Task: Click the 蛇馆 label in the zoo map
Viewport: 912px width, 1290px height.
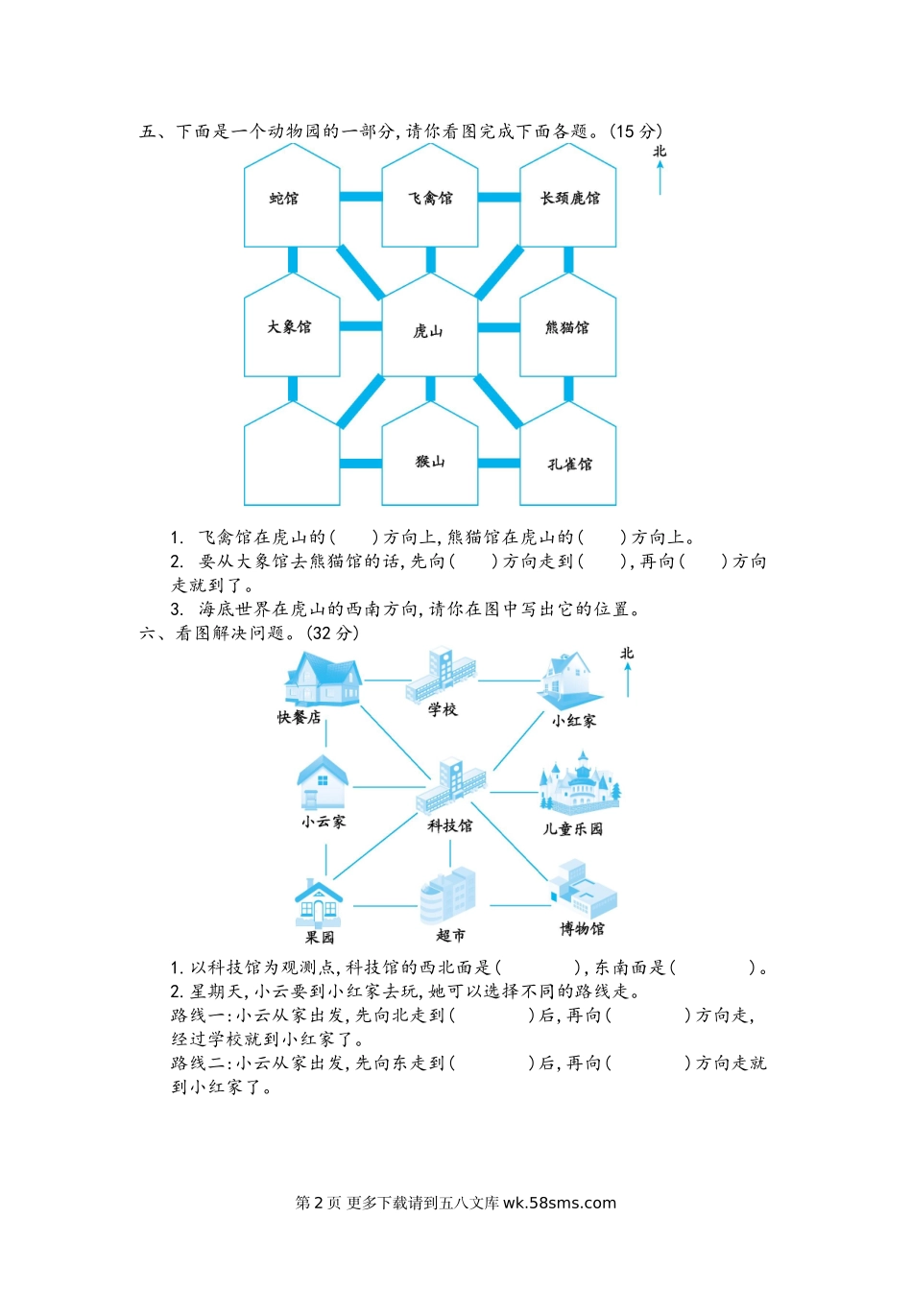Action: pyautogui.click(x=284, y=199)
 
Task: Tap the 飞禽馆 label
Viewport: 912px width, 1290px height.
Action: pyautogui.click(x=430, y=199)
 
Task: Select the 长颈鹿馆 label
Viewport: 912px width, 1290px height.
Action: pyautogui.click(x=570, y=199)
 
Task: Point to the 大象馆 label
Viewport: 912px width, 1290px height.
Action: pyautogui.click(x=289, y=327)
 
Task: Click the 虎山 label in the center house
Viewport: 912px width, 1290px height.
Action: pyautogui.click(x=428, y=331)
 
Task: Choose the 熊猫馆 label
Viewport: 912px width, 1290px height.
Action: pyautogui.click(x=567, y=327)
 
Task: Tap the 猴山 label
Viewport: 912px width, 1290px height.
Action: pyautogui.click(x=430, y=462)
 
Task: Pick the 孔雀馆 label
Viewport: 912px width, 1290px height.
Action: pyautogui.click(x=570, y=465)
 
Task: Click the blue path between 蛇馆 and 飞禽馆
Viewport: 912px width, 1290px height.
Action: pyautogui.click(x=361, y=197)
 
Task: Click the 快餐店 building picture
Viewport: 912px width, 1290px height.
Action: pyautogui.click(x=322, y=680)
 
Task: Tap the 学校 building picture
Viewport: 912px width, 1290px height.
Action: pyautogui.click(x=441, y=675)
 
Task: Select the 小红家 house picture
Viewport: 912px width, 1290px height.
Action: pyautogui.click(x=571, y=681)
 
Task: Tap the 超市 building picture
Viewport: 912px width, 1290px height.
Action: pyautogui.click(x=448, y=896)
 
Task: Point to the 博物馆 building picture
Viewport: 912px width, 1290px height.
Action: pyautogui.click(x=583, y=889)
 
